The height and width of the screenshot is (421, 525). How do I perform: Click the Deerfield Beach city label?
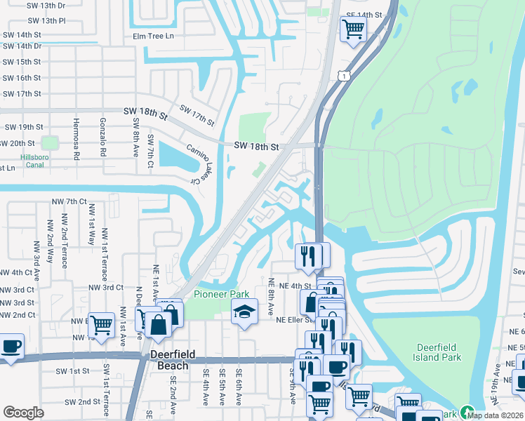click(169, 360)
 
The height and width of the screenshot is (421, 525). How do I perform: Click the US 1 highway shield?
click(343, 76)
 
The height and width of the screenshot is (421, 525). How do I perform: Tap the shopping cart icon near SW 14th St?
click(352, 29)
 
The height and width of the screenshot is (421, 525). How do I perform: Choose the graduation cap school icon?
click(244, 312)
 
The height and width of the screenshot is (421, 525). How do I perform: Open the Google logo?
click(23, 412)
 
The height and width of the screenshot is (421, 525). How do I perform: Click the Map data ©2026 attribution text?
click(496, 415)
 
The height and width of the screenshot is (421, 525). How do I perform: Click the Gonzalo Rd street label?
click(102, 138)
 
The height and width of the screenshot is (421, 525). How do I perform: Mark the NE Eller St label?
click(295, 320)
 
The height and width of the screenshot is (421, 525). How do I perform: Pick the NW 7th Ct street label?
click(69, 201)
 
